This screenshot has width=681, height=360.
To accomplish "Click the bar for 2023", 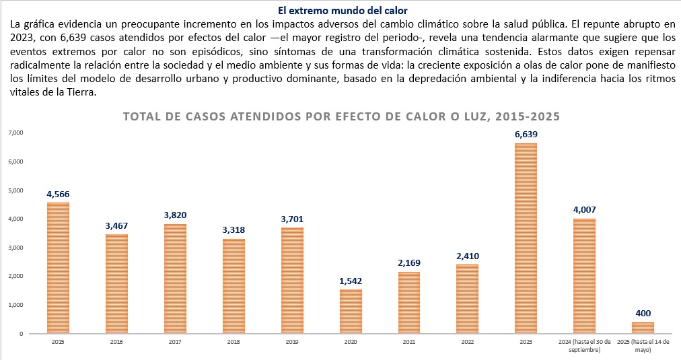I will [x=526, y=239].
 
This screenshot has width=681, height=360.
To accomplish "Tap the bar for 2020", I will [x=351, y=312].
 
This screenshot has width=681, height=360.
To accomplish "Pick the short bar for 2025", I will [x=643, y=328].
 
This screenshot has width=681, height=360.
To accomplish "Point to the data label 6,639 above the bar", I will [x=526, y=135].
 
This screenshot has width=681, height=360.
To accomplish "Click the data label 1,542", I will [x=351, y=281].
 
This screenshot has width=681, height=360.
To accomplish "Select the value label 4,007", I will [x=584, y=210].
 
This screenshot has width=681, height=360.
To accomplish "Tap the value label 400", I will [x=643, y=314].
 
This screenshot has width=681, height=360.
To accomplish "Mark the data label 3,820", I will [x=175, y=215].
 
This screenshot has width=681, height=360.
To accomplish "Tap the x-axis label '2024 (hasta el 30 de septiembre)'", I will [x=584, y=346].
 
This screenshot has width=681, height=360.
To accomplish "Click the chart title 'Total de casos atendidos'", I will [x=341, y=116].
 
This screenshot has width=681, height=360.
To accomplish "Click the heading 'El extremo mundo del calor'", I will [x=341, y=11].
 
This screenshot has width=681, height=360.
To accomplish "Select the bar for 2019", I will [x=292, y=281].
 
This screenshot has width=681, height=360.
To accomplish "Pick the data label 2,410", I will [x=467, y=256].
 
